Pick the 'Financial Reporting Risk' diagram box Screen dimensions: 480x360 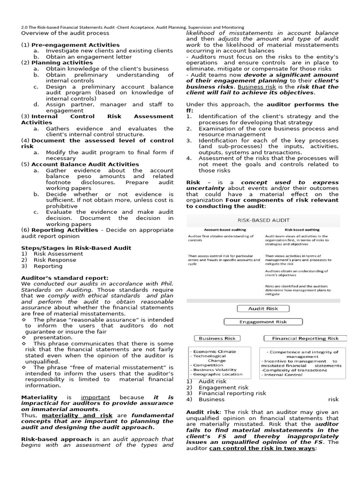tap(306, 338)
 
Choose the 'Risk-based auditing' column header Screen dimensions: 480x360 tap(302, 230)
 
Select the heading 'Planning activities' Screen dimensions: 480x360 tap(62, 62)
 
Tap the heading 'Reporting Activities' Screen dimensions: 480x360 tap(65, 230)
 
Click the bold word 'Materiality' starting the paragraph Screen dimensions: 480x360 tap(39, 397)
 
